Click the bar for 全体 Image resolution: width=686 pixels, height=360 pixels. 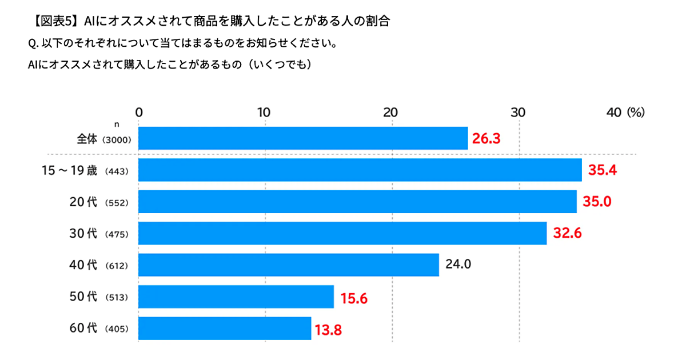pyautogui.click(x=303, y=138)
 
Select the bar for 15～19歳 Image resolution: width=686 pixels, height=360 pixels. pyautogui.click(x=360, y=170)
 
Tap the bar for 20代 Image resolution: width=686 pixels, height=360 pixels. pyautogui.click(x=357, y=202)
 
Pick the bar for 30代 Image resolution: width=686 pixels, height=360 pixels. pyautogui.click(x=342, y=233)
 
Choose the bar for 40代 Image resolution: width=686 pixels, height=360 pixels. pyautogui.click(x=289, y=265)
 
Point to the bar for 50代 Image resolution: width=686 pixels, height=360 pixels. pyautogui.click(x=236, y=297)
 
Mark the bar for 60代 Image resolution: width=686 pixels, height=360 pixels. pyautogui.click(x=225, y=329)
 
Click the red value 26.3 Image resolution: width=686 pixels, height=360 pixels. pyautogui.click(x=486, y=139)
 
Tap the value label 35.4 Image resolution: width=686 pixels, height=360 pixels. pyautogui.click(x=602, y=170)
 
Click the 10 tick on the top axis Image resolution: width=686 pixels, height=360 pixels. pyautogui.click(x=265, y=113)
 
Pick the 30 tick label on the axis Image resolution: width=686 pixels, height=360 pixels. pyautogui.click(x=518, y=113)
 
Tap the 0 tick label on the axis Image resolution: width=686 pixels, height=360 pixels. pyautogui.click(x=138, y=113)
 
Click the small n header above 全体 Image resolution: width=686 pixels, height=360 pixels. pyautogui.click(x=117, y=124)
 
